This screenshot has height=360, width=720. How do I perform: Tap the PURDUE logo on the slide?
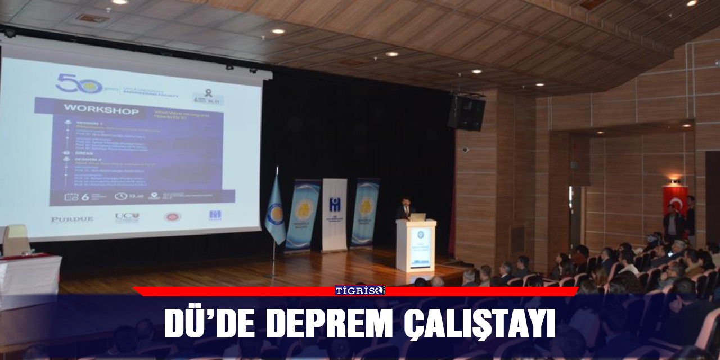coord(72,219)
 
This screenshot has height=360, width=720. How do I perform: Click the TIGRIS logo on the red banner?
coord(359,290)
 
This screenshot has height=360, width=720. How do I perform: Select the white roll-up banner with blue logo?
coord(335,214)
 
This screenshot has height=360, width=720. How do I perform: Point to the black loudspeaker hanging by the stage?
coord(467,112)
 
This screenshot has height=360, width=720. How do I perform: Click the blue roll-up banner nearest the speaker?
coord(365,212)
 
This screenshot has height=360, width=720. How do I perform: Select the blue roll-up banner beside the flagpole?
coord(303,214)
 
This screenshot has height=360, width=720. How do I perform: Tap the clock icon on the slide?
coord(120,196)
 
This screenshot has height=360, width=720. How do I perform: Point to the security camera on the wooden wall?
coord(465,150)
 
